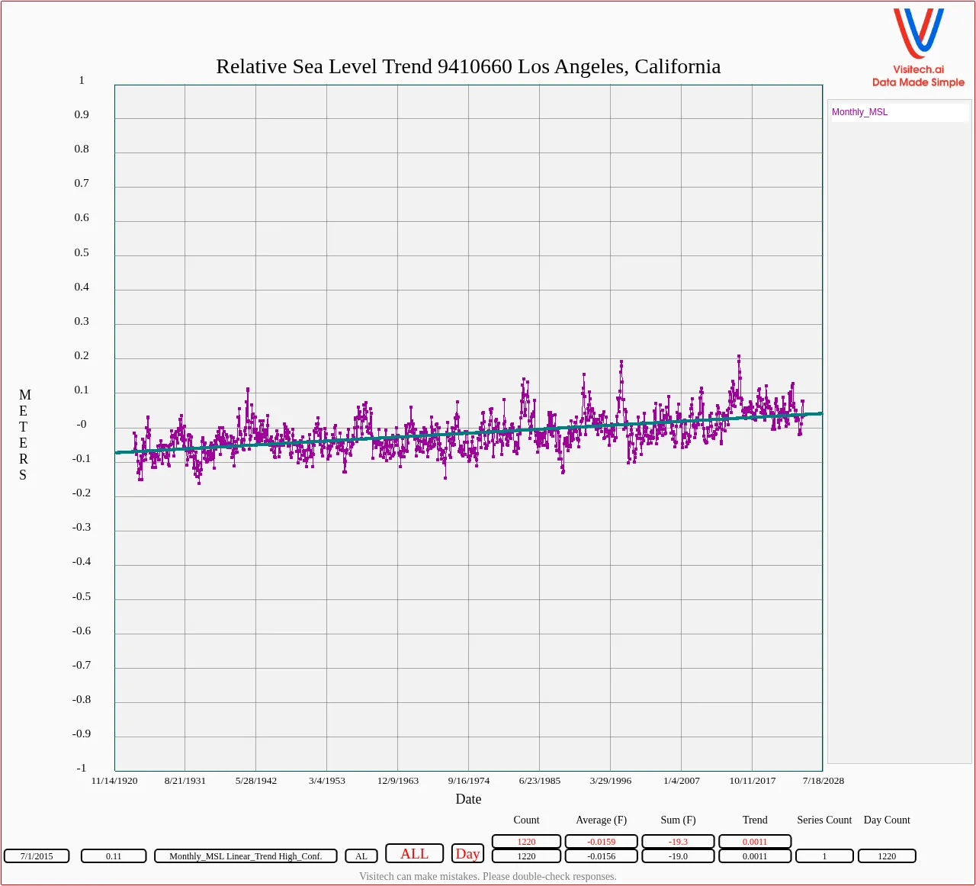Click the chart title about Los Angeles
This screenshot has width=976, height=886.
pyautogui.click(x=468, y=67)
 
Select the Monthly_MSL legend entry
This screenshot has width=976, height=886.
pyautogui.click(x=859, y=112)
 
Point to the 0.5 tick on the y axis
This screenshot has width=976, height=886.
pyautogui.click(x=82, y=252)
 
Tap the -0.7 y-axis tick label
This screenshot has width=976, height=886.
pyautogui.click(x=82, y=665)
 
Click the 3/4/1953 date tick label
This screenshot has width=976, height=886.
pyautogui.click(x=326, y=781)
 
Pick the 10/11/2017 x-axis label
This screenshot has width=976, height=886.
pyautogui.click(x=752, y=781)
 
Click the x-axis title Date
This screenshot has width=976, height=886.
pyautogui.click(x=468, y=799)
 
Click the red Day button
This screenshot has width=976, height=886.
pyautogui.click(x=467, y=854)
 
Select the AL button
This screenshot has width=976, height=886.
pyautogui.click(x=361, y=856)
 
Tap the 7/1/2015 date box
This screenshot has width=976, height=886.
pyautogui.click(x=37, y=856)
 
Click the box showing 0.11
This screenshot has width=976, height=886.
pyautogui.click(x=114, y=856)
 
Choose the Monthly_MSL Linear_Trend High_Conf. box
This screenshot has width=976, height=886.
pyautogui.click(x=246, y=856)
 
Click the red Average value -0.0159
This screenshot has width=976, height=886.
pyautogui.click(x=601, y=842)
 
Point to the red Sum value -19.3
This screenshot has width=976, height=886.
pyautogui.click(x=678, y=842)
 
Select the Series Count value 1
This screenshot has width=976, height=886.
pyautogui.click(x=824, y=856)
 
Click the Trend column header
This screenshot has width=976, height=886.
pyautogui.click(x=755, y=820)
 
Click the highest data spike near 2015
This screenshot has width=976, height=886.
pyautogui.click(x=739, y=356)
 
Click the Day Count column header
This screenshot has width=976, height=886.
pyautogui.click(x=887, y=820)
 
